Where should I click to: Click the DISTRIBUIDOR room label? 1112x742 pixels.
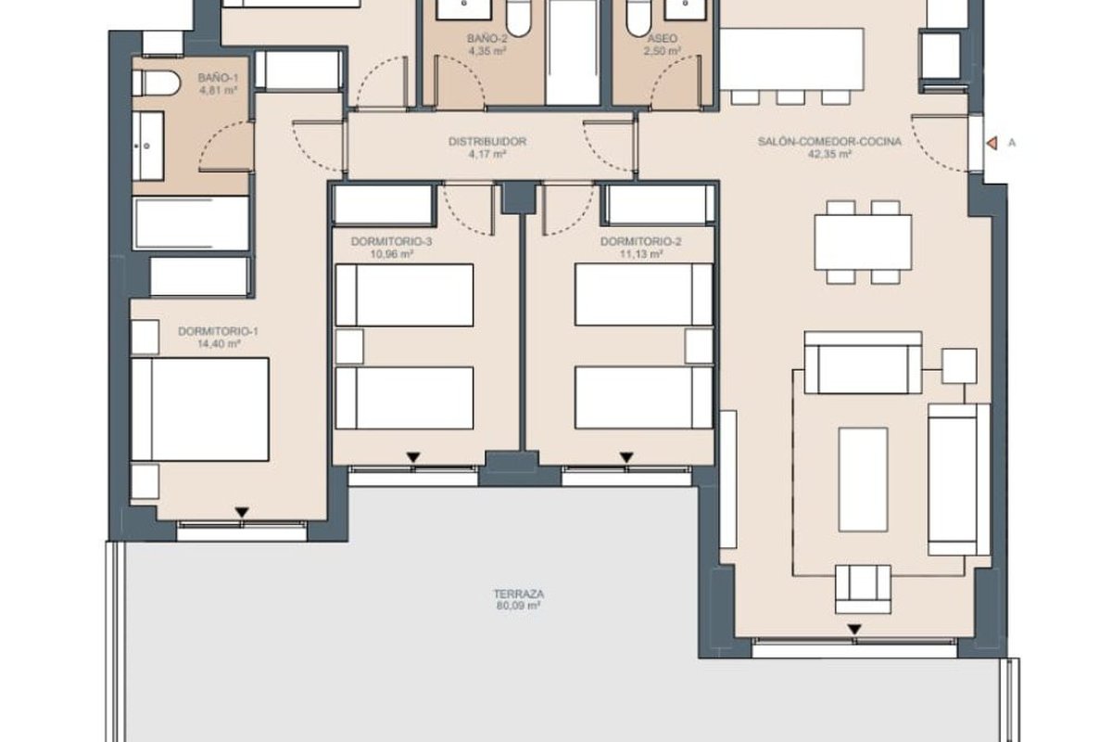point(487,142)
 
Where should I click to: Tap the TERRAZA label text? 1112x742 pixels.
point(518,594)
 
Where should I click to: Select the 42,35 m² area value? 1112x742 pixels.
point(829,154)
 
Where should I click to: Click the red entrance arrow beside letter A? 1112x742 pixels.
point(992,143)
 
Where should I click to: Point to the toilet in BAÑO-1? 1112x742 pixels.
point(156,83)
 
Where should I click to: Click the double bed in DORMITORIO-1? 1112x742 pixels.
point(199,409)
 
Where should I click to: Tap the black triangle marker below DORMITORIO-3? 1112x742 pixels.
point(413,457)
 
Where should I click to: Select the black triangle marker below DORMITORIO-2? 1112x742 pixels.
point(626,457)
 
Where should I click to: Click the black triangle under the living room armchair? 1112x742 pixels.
point(853,630)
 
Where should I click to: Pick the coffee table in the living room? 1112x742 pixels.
point(863,480)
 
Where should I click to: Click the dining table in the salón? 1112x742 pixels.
point(863,242)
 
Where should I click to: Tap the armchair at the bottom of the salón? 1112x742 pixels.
point(863,589)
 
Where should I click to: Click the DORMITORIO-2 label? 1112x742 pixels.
point(640,241)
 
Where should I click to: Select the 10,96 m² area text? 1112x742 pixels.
point(392,254)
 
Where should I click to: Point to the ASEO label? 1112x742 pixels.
point(663,38)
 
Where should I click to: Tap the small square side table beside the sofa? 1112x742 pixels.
point(959,365)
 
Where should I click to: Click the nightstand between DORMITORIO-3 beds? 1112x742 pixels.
point(349,346)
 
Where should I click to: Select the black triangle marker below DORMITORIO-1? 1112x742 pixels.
point(242,512)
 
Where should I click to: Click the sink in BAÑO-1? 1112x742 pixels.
point(148,147)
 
